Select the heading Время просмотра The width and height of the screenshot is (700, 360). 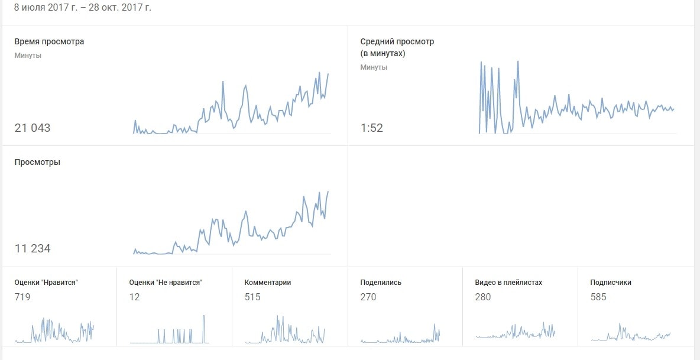49,42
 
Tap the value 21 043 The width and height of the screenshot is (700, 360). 33,128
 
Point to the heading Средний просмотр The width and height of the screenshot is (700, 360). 397,42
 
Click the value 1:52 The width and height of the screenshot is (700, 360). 371,128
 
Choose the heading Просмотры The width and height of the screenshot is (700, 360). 37,162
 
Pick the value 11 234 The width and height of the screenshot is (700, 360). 33,248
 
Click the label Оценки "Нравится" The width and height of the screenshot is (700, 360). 46,283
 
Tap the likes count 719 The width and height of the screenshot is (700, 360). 22,297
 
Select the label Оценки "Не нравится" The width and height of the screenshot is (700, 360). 166,283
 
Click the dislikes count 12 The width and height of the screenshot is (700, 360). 134,297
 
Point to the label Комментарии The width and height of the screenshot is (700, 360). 268,283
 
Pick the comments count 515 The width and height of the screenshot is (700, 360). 252,297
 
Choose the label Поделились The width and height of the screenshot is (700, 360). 381,283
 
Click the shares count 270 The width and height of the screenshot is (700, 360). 368,297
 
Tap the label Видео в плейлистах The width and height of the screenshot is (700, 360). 508,283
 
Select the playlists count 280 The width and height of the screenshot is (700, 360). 483,297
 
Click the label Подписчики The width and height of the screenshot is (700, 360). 611,283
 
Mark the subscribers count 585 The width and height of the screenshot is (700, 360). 598,297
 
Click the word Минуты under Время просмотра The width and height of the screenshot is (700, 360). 28,56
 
